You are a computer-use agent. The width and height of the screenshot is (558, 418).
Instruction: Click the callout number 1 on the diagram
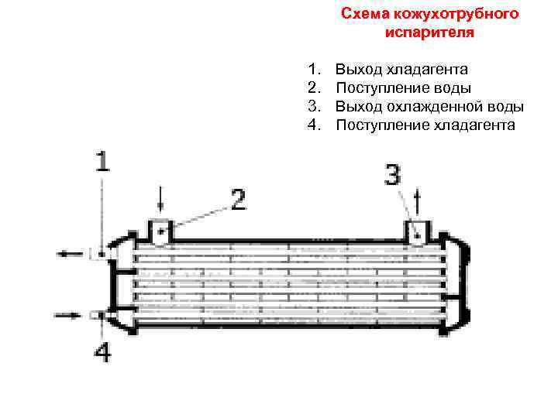tap(102, 162)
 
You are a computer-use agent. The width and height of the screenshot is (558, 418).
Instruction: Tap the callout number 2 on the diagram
tap(238, 201)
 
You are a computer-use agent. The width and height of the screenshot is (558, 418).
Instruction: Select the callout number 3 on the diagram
tap(393, 176)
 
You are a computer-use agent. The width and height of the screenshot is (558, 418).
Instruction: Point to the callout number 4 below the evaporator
tap(102, 353)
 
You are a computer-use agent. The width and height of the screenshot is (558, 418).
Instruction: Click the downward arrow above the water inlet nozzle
tap(160, 200)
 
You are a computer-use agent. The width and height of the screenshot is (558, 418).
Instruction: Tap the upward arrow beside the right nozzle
tap(419, 203)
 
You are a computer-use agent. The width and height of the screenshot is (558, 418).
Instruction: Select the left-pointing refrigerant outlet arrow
tap(69, 252)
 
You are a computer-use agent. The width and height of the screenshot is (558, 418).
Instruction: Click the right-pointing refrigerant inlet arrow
tap(69, 314)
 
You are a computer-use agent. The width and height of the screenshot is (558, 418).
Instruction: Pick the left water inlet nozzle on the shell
tap(160, 231)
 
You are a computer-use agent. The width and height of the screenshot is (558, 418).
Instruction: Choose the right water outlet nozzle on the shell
tap(418, 231)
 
